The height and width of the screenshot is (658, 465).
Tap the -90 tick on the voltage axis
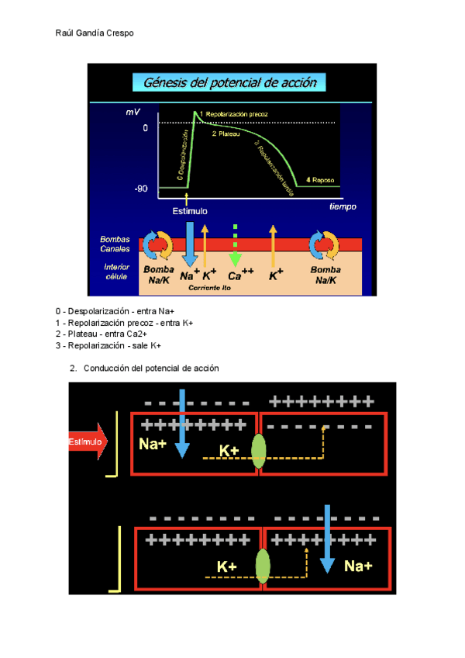[140, 189]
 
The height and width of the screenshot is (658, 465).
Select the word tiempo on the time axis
[342, 206]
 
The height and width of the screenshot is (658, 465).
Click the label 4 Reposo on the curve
[319, 180]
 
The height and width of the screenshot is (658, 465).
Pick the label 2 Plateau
[226, 133]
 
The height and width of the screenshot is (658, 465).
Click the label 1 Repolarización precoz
[234, 114]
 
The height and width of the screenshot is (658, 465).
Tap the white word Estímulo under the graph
[189, 210]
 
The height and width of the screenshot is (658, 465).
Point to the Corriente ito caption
[210, 288]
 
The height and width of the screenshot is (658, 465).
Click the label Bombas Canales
[115, 244]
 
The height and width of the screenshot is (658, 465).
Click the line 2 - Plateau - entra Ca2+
[114, 334]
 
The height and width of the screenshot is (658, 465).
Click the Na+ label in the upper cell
[153, 444]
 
